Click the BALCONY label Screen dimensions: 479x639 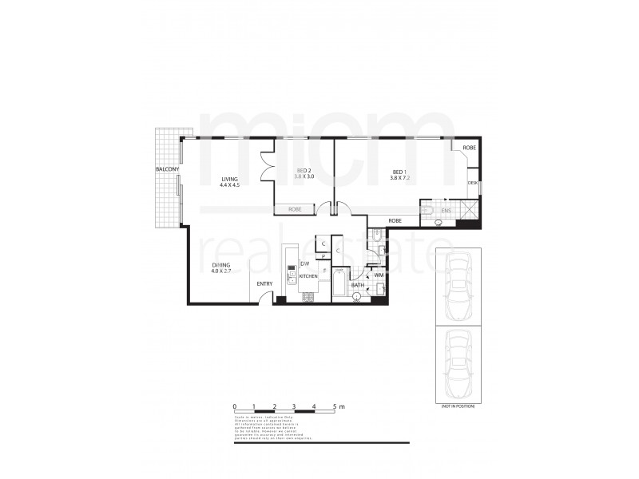coord(167,170)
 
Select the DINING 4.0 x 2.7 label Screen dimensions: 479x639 coord(221,267)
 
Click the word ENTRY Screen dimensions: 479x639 coord(264,283)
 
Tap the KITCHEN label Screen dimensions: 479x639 coord(309,276)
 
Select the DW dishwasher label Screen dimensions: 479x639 coord(304,263)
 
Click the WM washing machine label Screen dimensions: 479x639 coord(379,275)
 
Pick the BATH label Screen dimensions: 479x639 coord(357,284)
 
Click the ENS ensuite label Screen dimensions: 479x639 coord(446,210)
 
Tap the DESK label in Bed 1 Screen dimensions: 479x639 coord(473,183)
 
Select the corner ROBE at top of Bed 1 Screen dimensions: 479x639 coord(468,148)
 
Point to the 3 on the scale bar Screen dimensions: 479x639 coord(295,407)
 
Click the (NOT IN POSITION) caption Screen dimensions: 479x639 coord(458,406)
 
